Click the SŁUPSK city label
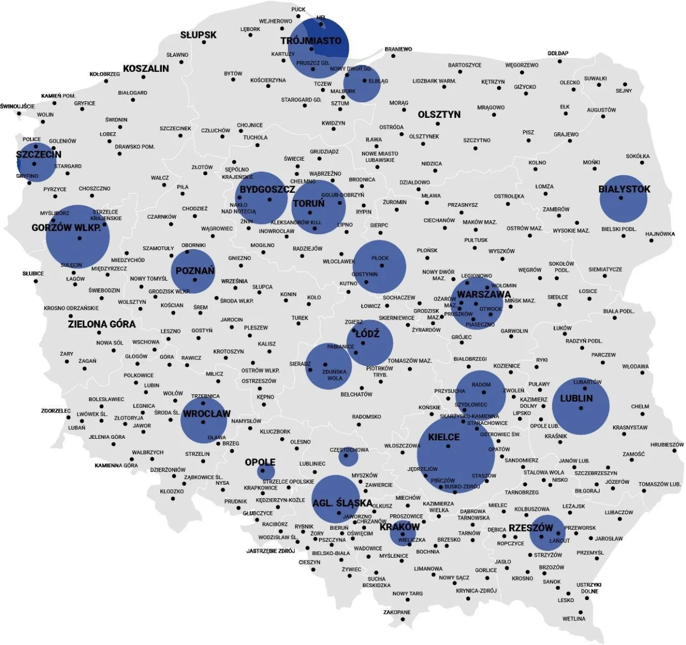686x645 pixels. pyautogui.click(x=198, y=35)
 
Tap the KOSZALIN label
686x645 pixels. pyautogui.click(x=146, y=69)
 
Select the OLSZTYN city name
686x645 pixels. pyautogui.click(x=439, y=115)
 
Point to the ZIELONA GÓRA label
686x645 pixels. pyautogui.click(x=101, y=324)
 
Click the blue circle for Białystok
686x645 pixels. pyautogui.click(x=623, y=199)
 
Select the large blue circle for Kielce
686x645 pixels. pyautogui.click(x=456, y=454)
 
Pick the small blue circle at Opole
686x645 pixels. pyautogui.click(x=266, y=472)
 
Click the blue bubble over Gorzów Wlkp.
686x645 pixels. pyautogui.click(x=78, y=237)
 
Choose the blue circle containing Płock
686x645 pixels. pyautogui.click(x=379, y=267)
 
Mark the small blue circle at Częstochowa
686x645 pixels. pyautogui.click(x=348, y=457)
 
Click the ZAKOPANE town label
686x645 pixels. pyautogui.click(x=397, y=612)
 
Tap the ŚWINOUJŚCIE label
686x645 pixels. pyautogui.click(x=17, y=106)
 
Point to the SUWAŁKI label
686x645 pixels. pyautogui.click(x=595, y=79)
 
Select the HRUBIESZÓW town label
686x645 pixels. pyautogui.click(x=667, y=445)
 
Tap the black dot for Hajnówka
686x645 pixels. pyautogui.click(x=653, y=241)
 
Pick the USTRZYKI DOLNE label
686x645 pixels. pyautogui.click(x=589, y=588)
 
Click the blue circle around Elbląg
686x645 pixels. pyautogui.click(x=362, y=84)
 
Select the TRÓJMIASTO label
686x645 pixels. pyautogui.click(x=311, y=41)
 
